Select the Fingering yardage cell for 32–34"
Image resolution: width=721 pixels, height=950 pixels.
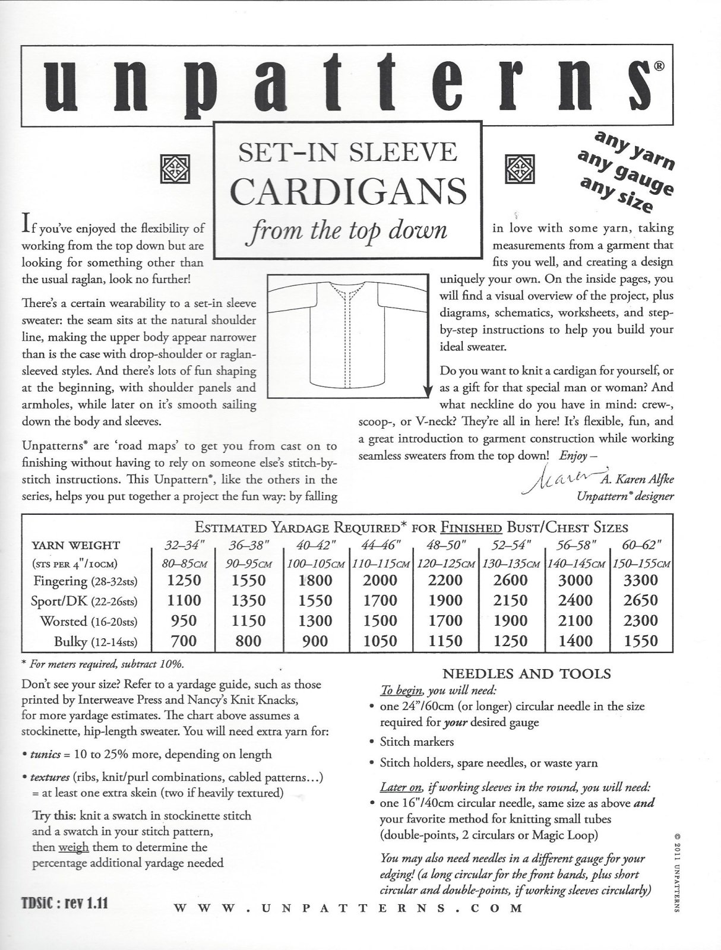[184, 580]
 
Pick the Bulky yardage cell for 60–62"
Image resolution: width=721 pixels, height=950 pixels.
[640, 641]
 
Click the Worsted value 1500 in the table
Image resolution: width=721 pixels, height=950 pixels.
[380, 620]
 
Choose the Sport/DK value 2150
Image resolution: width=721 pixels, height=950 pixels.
[511, 600]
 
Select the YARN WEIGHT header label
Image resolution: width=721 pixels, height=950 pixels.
[75, 545]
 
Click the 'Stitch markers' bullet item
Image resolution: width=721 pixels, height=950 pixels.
[416, 742]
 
